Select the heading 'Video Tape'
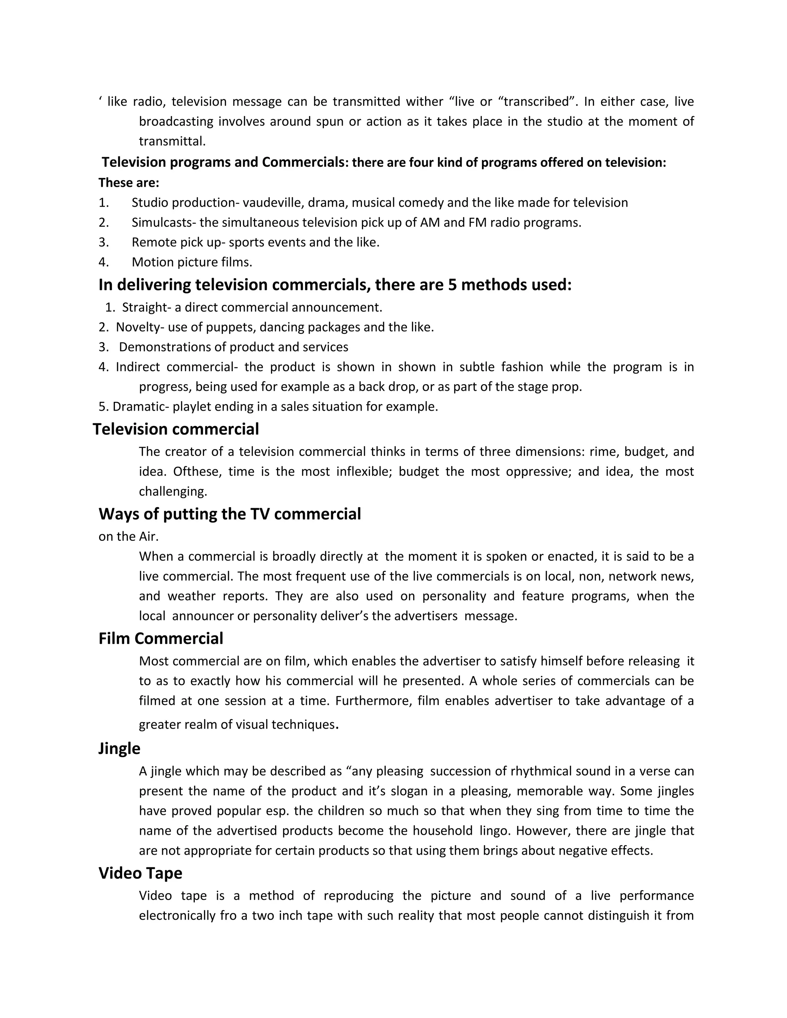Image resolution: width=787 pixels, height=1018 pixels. (140, 873)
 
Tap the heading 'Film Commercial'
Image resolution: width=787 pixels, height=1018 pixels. (161, 638)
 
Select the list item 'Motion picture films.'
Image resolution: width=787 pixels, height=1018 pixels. (192, 262)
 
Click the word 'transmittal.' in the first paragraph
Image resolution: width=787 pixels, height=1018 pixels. (172, 141)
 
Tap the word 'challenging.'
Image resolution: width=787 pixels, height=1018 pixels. (173, 491)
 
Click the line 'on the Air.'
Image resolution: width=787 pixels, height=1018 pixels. (129, 537)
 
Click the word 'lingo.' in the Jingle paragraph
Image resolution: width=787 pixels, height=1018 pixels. (495, 831)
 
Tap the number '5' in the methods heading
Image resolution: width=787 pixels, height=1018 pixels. (452, 285)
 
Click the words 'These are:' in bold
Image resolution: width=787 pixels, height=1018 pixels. (129, 183)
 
